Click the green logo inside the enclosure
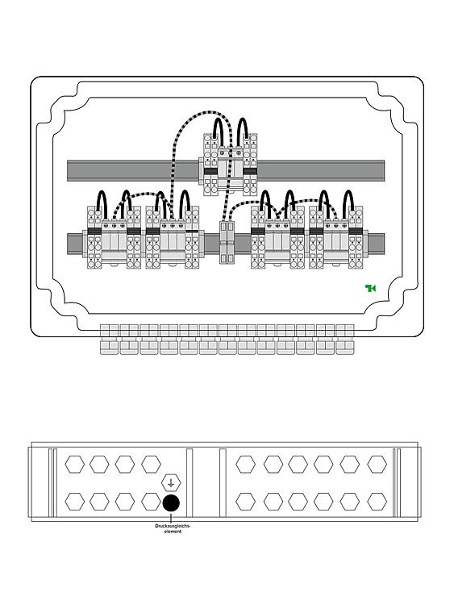coord(370,288)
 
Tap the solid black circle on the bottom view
coord(171,503)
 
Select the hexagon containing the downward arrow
coord(171,483)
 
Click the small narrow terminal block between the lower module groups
coord(227,242)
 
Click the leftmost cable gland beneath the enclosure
coord(109,339)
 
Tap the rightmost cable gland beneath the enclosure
coord(344,339)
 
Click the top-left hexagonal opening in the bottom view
coord(74,464)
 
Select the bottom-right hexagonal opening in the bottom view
coord(377,502)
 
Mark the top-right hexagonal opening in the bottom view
coord(377,464)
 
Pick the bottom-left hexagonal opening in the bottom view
coord(74,502)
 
